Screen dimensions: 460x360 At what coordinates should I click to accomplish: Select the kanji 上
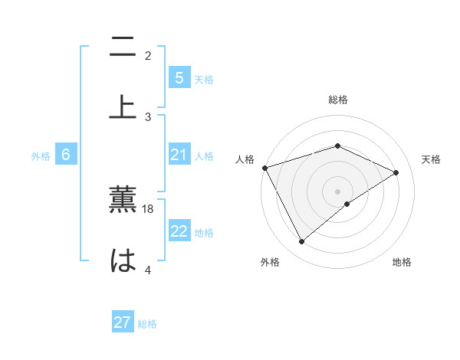coord(123,106)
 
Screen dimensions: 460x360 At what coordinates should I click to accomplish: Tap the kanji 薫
coord(123,201)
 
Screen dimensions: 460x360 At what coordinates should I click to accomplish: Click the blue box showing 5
coord(179,78)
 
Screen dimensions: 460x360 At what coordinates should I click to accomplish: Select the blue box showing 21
coord(179,155)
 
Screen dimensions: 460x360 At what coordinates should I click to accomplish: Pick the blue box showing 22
coord(179,232)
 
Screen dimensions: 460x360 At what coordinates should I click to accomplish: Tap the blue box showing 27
coord(123,322)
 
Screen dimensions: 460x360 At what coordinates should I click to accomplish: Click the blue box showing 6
coord(66,155)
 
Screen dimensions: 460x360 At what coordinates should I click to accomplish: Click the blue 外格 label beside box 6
coord(41,156)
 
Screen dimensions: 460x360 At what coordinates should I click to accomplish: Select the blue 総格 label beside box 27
coord(147,323)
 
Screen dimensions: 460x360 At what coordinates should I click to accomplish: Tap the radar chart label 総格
coord(338,100)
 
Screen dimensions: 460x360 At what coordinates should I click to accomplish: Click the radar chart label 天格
coord(431,159)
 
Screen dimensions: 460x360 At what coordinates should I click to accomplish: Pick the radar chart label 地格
coord(402,263)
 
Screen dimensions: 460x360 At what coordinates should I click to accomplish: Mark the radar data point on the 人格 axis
coord(264,168)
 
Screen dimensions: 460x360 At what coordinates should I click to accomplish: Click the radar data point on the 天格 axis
coord(396,172)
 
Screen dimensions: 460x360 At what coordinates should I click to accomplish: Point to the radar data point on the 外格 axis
coord(301,242)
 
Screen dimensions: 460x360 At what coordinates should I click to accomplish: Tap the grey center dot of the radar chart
coord(338,191)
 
